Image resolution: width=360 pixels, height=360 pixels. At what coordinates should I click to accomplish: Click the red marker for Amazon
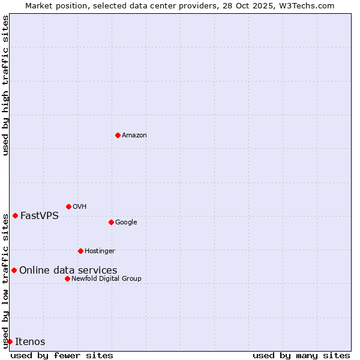pyautogui.click(x=118, y=135)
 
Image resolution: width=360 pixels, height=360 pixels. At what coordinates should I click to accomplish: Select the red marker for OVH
pyautogui.click(x=68, y=206)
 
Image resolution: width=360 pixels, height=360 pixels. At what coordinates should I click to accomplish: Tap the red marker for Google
pyautogui.click(x=111, y=222)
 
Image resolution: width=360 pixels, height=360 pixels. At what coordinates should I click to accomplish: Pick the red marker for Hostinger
pyautogui.click(x=80, y=251)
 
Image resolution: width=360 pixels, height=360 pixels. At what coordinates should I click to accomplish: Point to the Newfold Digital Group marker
pyautogui.click(x=67, y=278)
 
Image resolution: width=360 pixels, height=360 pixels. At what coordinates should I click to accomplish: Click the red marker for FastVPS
pyautogui.click(x=15, y=215)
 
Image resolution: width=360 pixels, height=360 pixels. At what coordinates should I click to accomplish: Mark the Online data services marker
pyautogui.click(x=14, y=270)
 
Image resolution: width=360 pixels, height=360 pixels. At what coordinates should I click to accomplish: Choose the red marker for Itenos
pyautogui.click(x=10, y=341)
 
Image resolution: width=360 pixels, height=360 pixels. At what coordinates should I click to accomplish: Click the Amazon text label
pyautogui.click(x=134, y=136)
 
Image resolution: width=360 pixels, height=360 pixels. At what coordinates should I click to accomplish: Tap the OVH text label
pyautogui.click(x=80, y=207)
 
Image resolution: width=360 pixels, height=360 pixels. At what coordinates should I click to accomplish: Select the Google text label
pyautogui.click(x=126, y=223)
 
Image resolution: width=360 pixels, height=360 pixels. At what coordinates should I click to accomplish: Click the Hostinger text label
pyautogui.click(x=100, y=251)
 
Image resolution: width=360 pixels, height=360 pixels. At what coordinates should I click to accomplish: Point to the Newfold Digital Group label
pyautogui.click(x=106, y=279)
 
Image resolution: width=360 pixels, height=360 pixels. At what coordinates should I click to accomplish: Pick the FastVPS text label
pyautogui.click(x=40, y=216)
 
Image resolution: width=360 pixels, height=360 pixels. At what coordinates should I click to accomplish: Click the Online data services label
pyautogui.click(x=68, y=271)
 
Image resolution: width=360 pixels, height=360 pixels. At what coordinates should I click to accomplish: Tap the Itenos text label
pyautogui.click(x=30, y=342)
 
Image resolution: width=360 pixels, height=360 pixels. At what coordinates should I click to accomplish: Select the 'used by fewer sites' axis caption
pyautogui.click(x=62, y=355)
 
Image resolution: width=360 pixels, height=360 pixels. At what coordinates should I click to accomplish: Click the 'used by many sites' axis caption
pyautogui.click(x=301, y=355)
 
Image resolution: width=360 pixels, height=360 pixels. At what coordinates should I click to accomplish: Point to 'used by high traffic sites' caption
pyautogui.click(x=6, y=85)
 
